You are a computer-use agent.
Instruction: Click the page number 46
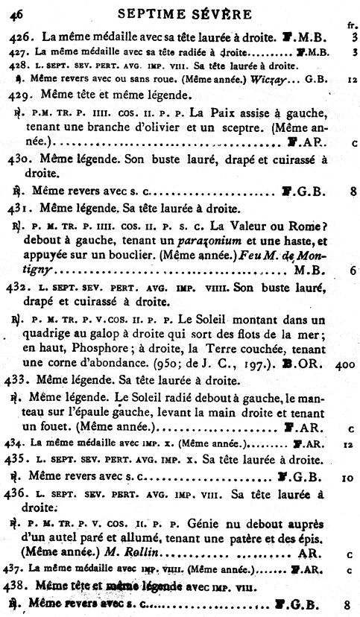click(x=16, y=13)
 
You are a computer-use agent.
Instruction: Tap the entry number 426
click(x=21, y=37)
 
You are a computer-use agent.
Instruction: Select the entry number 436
click(x=22, y=495)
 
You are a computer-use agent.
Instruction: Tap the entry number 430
click(x=22, y=160)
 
